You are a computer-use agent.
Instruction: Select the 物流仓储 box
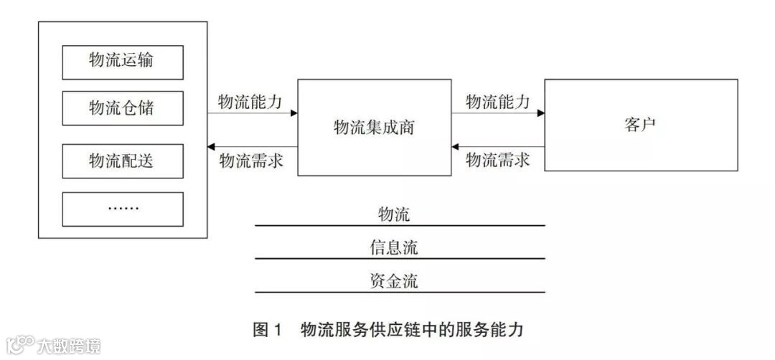[123, 108]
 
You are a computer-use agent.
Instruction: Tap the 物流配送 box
[123, 161]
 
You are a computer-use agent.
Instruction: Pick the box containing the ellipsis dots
[123, 209]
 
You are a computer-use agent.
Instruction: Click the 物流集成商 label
[375, 128]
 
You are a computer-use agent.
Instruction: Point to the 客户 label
[640, 125]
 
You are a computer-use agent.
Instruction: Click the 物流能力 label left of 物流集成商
[249, 101]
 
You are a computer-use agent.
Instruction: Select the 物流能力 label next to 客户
[497, 101]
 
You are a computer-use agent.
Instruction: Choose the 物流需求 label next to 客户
[497, 160]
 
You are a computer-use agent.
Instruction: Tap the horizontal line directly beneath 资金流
[400, 292]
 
